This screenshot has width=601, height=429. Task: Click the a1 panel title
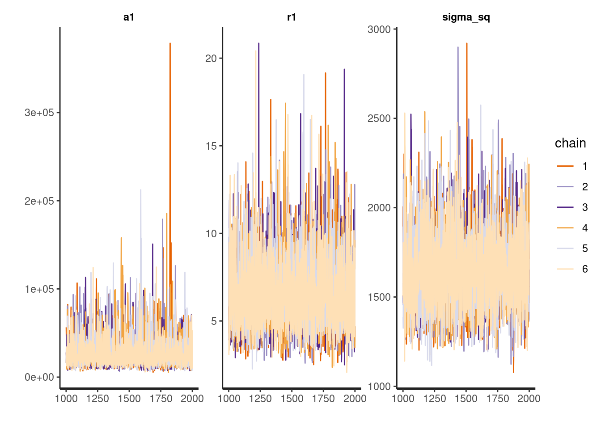[129, 17]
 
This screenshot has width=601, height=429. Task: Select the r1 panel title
[292, 17]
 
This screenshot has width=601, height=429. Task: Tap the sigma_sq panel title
[466, 17]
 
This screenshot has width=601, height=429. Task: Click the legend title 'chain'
[570, 143]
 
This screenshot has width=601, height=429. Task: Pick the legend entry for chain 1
[572, 166]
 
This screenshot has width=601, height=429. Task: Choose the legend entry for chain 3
[572, 207]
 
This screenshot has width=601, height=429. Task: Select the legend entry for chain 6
[572, 269]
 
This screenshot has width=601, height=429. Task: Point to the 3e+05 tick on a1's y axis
[39, 113]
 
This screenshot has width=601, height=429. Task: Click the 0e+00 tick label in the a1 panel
[39, 377]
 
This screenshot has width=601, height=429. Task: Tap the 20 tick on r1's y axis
[211, 59]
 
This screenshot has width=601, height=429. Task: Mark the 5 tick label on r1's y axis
[214, 321]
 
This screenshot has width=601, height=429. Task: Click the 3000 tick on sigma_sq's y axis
[379, 29]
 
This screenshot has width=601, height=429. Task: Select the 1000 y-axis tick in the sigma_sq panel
[379, 386]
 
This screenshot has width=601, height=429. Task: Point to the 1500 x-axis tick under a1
[129, 399]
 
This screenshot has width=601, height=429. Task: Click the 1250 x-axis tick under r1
[260, 399]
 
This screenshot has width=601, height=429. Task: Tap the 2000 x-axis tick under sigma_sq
[529, 399]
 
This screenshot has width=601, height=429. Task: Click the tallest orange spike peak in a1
[170, 43]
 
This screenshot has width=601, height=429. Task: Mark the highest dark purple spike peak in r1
[258, 43]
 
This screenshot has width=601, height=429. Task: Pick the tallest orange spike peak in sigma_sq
[466, 43]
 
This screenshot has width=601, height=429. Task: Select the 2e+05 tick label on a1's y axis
[39, 201]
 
